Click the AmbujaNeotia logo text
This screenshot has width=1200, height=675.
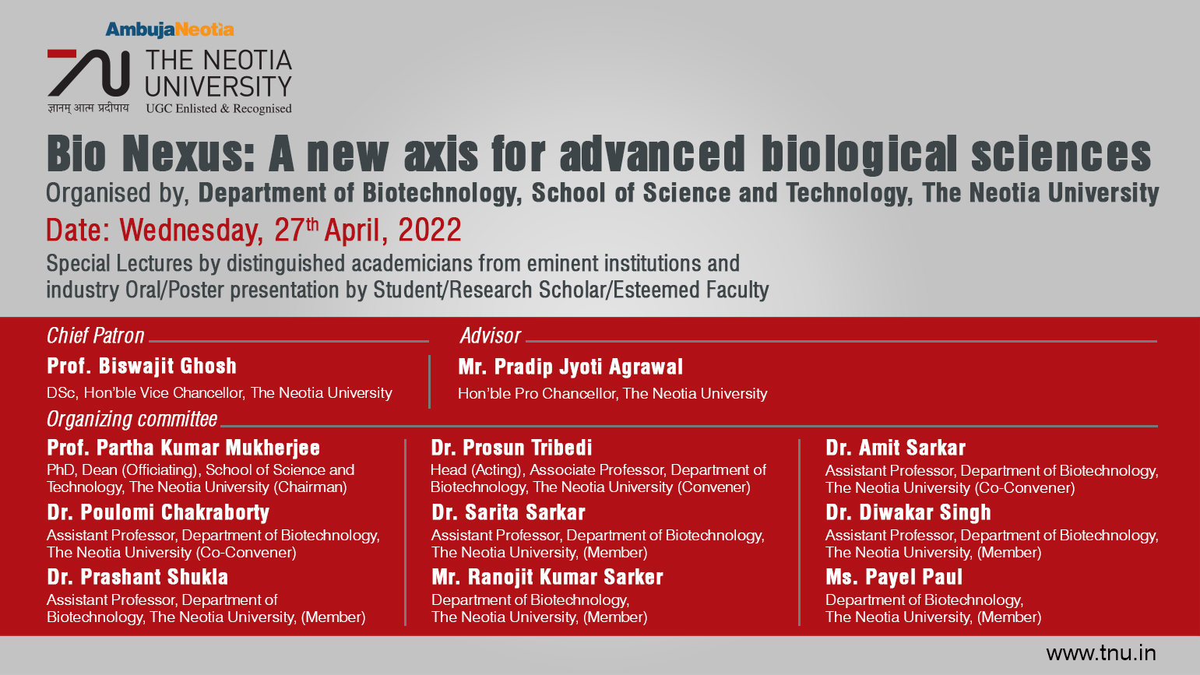pyautogui.click(x=169, y=30)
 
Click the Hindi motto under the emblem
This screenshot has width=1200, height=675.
pyautogui.click(x=89, y=108)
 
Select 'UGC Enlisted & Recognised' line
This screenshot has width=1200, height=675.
pyautogui.click(x=219, y=109)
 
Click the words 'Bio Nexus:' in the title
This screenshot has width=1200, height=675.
pyautogui.click(x=150, y=153)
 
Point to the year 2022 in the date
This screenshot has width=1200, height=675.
pyautogui.click(x=430, y=230)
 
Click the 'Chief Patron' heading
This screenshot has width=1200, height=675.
pyautogui.click(x=95, y=336)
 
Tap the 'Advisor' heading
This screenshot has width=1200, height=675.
pyautogui.click(x=490, y=336)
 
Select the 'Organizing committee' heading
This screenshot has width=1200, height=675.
pyautogui.click(x=132, y=420)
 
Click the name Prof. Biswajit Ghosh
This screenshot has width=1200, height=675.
pyautogui.click(x=142, y=366)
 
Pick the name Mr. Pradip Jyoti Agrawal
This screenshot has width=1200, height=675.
pyautogui.click(x=571, y=367)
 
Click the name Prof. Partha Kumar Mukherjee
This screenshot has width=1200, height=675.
pyautogui.click(x=183, y=448)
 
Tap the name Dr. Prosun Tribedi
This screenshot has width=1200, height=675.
pyautogui.click(x=512, y=448)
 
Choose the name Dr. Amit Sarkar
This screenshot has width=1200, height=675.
pyautogui.click(x=896, y=448)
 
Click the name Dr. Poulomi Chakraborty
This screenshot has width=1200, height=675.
pyautogui.click(x=158, y=513)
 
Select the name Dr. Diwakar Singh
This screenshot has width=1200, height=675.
pyautogui.click(x=908, y=513)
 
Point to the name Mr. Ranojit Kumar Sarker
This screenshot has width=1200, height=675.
pyautogui.click(x=547, y=577)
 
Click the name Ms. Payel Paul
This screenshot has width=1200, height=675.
pyautogui.click(x=894, y=577)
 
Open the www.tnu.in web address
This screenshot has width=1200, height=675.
pyautogui.click(x=1101, y=653)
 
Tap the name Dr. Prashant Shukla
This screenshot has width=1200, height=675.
pyautogui.click(x=138, y=577)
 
